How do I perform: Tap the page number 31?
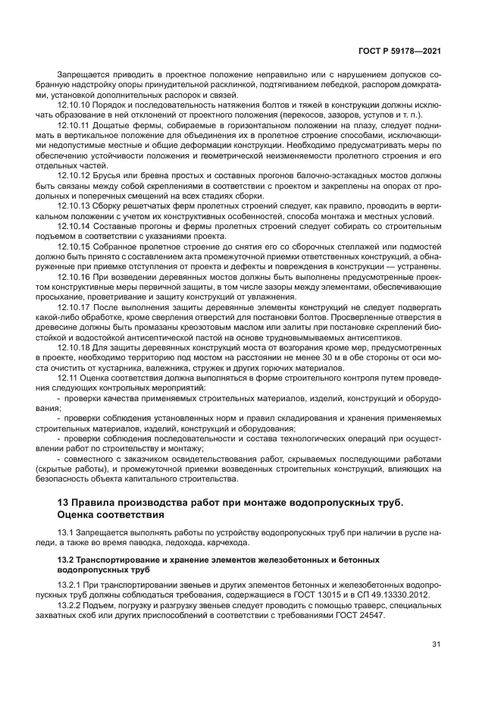[436, 645]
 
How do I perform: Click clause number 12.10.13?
[73, 205]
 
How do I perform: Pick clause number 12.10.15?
[73, 246]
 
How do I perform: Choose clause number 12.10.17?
[73, 308]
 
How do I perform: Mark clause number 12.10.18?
[73, 347]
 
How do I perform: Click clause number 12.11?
[67, 377]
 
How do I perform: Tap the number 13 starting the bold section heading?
[64, 503]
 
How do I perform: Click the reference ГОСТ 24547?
[361, 615]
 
